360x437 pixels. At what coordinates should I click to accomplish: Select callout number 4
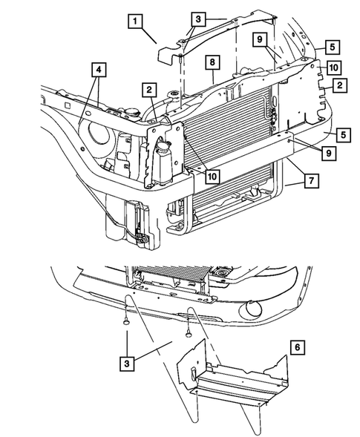click(98, 72)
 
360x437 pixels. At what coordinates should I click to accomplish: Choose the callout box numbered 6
click(297, 346)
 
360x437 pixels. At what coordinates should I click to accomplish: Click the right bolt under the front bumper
click(189, 333)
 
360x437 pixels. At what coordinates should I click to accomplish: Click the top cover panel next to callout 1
click(215, 37)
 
